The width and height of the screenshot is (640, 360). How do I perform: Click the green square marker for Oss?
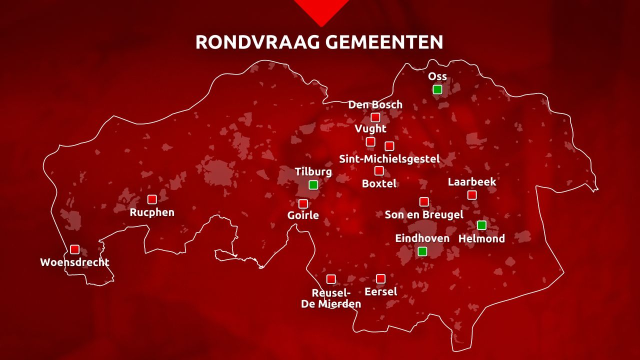tap(437, 89)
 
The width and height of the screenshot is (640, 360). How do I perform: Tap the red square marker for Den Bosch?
tap(375, 117)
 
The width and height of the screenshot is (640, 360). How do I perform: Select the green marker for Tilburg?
tap(313, 185)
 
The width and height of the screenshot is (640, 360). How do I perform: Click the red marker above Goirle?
tap(303, 204)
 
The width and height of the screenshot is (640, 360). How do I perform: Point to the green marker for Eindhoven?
tap(422, 251)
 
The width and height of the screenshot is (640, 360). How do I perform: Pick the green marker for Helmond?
tap(481, 225)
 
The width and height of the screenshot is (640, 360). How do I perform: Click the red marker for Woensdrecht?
tap(74, 249)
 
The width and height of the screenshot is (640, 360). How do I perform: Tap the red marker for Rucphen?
tap(152, 199)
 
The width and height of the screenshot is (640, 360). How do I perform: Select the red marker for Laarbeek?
tap(472, 195)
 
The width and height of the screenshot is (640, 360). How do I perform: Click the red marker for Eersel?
tap(381, 278)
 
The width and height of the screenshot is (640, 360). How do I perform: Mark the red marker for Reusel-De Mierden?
tap(331, 279)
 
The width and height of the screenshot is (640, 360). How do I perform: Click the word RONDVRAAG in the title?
tap(258, 42)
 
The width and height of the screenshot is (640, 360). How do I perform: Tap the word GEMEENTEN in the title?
tap(384, 42)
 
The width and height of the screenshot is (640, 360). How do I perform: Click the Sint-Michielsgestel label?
tap(389, 159)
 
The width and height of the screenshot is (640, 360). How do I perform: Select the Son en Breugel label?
tap(424, 214)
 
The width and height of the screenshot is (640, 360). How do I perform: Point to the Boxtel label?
tap(379, 183)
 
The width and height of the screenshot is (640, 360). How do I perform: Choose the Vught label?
tap(370, 129)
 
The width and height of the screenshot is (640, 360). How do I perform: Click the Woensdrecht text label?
tap(74, 262)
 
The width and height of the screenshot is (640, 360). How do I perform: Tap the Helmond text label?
tap(481, 238)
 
